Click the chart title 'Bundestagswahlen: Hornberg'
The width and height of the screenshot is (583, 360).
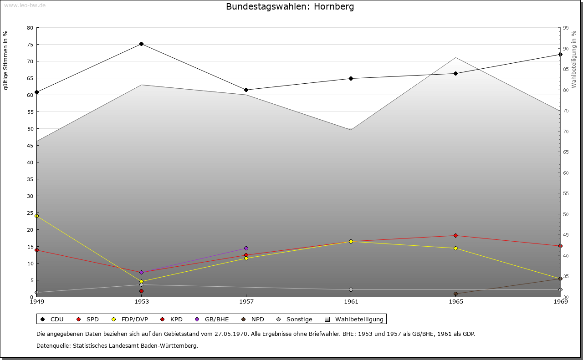pos(290,7)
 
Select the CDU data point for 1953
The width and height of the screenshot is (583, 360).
pos(141,44)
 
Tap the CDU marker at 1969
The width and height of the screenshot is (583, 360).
pos(560,55)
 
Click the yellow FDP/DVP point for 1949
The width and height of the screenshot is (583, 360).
pos(36,216)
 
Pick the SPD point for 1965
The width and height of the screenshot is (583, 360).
pos(455,235)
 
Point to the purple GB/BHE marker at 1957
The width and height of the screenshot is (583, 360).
pos(246,248)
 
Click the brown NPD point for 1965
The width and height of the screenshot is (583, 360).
pos(455,294)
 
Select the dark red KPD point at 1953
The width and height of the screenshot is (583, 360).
pos(141,291)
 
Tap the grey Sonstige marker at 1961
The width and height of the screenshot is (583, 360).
pos(351,289)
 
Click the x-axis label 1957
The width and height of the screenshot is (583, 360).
pos(246,301)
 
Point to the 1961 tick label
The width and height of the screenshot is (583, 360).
pos(351,301)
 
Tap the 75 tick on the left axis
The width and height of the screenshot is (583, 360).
pos(30,45)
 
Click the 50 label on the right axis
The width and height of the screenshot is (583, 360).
pos(566,214)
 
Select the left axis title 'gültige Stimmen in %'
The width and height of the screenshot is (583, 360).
pos(5,60)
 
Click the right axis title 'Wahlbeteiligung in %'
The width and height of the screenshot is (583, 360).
pos(574,60)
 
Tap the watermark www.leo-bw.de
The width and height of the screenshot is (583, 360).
pos(24,5)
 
